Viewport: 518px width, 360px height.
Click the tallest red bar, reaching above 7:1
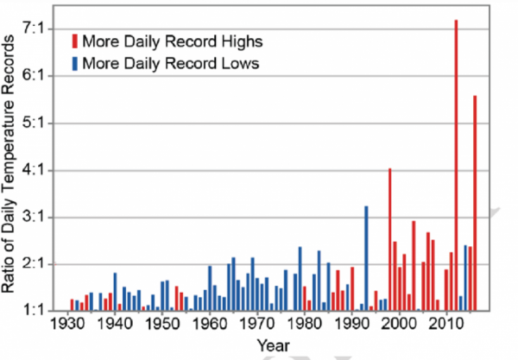point(456,164)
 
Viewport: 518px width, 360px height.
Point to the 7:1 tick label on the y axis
point(41,29)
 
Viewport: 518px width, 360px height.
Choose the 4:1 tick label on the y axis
point(41,169)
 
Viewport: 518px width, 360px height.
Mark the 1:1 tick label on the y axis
point(41,310)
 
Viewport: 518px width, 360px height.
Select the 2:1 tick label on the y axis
point(41,263)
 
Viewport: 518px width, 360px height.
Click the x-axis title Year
point(275,345)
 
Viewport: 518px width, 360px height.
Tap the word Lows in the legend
point(241,63)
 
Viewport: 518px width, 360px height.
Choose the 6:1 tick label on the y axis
point(41,76)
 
